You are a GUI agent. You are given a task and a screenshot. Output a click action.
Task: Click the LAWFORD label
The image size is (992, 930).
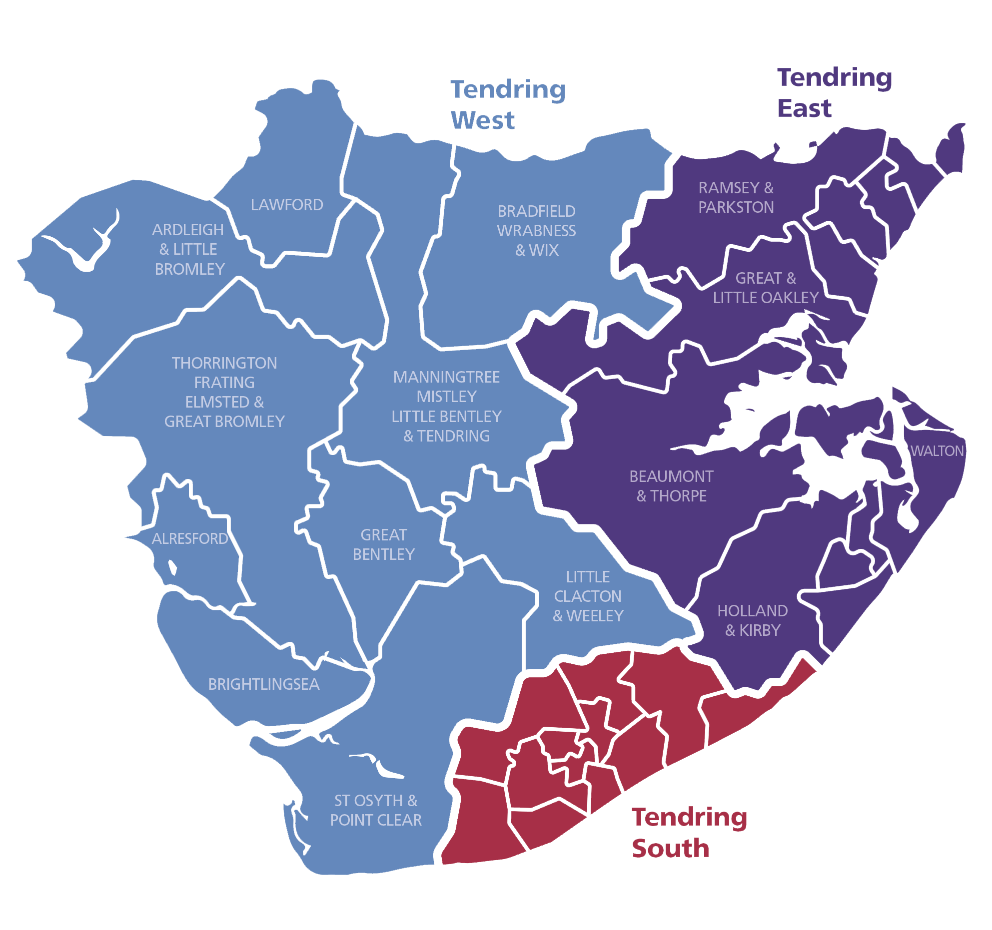click(287, 205)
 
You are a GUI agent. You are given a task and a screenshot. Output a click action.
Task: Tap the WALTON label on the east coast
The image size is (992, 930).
click(937, 451)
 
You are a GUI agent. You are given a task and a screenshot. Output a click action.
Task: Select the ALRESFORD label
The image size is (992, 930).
click(189, 538)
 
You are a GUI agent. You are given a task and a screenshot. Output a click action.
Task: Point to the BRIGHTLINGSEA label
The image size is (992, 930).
click(263, 684)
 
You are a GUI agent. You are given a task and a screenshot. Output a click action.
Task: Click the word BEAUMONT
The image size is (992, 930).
click(671, 476)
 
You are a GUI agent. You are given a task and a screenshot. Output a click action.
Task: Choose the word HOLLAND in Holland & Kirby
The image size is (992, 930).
click(752, 610)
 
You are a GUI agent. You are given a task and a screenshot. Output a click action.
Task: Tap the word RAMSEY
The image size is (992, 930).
click(729, 188)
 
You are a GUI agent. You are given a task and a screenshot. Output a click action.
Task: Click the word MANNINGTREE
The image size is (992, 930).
click(446, 377)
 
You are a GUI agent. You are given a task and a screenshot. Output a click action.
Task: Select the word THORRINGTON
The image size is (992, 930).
click(224, 363)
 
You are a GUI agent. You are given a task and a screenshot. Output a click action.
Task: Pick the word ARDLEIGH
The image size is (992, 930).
click(188, 230)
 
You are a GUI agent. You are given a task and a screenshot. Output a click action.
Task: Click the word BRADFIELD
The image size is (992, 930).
click(536, 211)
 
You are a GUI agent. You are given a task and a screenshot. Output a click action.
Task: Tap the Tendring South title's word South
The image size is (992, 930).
click(670, 849)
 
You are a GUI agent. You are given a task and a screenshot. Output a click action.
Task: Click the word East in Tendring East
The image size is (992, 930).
click(804, 108)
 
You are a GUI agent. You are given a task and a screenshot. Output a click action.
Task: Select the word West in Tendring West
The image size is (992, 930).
click(482, 120)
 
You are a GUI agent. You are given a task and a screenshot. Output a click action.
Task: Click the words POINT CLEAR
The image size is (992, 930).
click(376, 820)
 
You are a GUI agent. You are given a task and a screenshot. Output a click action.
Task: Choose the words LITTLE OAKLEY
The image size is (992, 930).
click(766, 298)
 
